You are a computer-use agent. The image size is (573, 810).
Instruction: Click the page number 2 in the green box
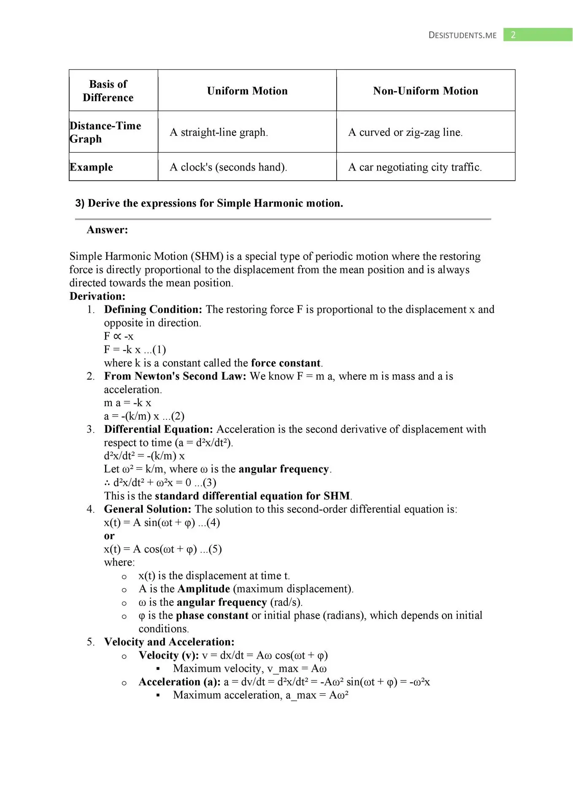tap(513, 35)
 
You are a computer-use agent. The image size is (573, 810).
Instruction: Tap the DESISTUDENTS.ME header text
tap(462, 35)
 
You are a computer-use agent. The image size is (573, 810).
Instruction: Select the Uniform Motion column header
tap(247, 91)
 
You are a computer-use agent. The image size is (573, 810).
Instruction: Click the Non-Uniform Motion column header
tap(425, 91)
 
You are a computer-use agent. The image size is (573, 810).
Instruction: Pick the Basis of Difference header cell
tap(108, 91)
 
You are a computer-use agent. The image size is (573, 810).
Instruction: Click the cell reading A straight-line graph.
tap(219, 132)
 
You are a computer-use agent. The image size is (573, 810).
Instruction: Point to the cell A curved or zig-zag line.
tap(405, 132)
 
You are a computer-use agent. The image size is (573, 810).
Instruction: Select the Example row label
tap(92, 167)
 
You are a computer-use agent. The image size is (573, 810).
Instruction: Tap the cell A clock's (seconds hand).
tap(228, 167)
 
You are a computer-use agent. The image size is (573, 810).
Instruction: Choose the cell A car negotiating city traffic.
tap(415, 167)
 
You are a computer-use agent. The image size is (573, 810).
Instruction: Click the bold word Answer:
tap(107, 230)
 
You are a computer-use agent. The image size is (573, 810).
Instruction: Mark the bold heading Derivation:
tap(97, 296)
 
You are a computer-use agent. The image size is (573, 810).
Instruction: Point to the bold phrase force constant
tap(286, 363)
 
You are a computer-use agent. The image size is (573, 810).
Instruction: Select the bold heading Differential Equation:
tap(159, 429)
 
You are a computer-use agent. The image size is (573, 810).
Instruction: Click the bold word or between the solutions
tap(109, 536)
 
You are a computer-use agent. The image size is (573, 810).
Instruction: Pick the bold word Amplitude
tap(204, 589)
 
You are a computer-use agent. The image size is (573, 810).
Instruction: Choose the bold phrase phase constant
tap(212, 616)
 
